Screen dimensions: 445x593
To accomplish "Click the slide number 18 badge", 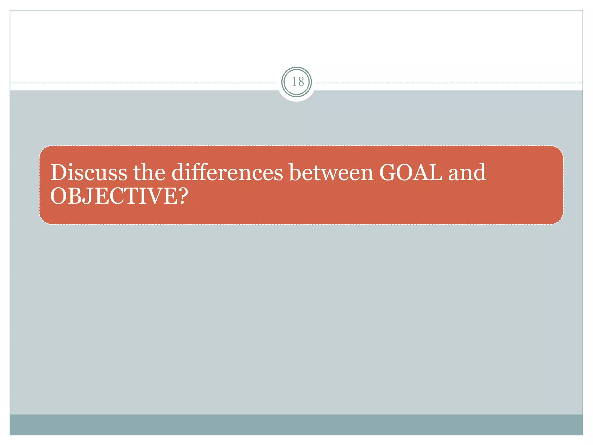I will click(296, 82).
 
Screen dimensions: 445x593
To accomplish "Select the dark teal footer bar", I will click(296, 424).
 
